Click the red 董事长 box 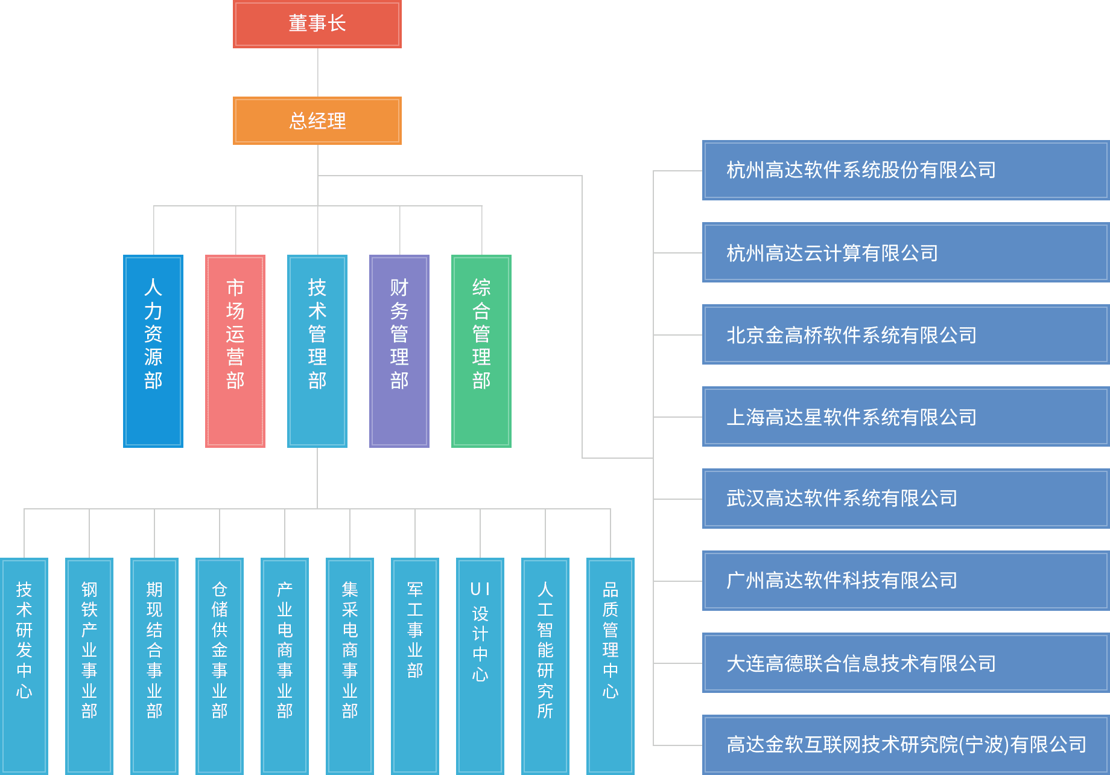(317, 24)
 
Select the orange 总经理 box (317, 121)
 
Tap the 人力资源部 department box (153, 351)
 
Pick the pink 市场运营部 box (235, 351)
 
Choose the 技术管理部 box (317, 351)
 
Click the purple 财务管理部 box (399, 351)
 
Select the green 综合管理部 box (481, 351)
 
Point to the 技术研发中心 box (24, 664)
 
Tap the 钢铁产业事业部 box (89, 664)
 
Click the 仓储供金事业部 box (220, 664)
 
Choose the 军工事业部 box (415, 664)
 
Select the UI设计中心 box (480, 664)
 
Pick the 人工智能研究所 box (545, 664)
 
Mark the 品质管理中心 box (610, 664)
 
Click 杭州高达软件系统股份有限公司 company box (905, 170)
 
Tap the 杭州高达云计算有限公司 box (905, 253)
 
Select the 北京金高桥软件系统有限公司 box (905, 335)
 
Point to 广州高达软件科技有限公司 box (905, 581)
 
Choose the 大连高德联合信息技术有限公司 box (905, 663)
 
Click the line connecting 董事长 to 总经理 (318, 72)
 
